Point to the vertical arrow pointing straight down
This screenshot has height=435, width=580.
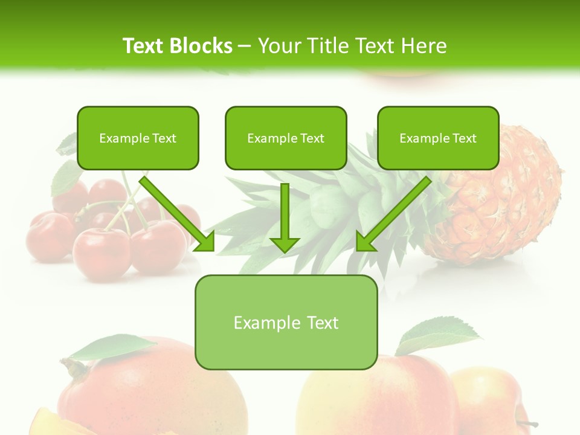[x=285, y=217]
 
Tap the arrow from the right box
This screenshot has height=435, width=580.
[x=393, y=214]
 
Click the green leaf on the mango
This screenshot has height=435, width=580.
[x=115, y=347]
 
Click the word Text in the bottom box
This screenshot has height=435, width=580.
[x=322, y=323]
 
